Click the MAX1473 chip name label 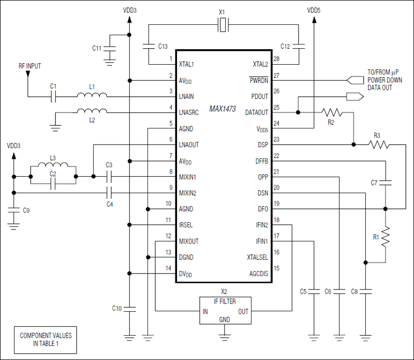(223, 109)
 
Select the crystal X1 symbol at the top (223, 24)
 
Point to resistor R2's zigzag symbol (332, 112)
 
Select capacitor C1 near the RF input (53, 96)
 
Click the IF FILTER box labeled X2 (225, 310)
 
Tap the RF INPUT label (29, 66)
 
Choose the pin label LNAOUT (188, 145)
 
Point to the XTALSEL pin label (257, 257)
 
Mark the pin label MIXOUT (188, 241)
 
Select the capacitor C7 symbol (385, 182)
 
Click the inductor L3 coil (53, 166)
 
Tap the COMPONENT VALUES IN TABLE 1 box (46, 339)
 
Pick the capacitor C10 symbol (129, 309)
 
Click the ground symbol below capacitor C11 (109, 61)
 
